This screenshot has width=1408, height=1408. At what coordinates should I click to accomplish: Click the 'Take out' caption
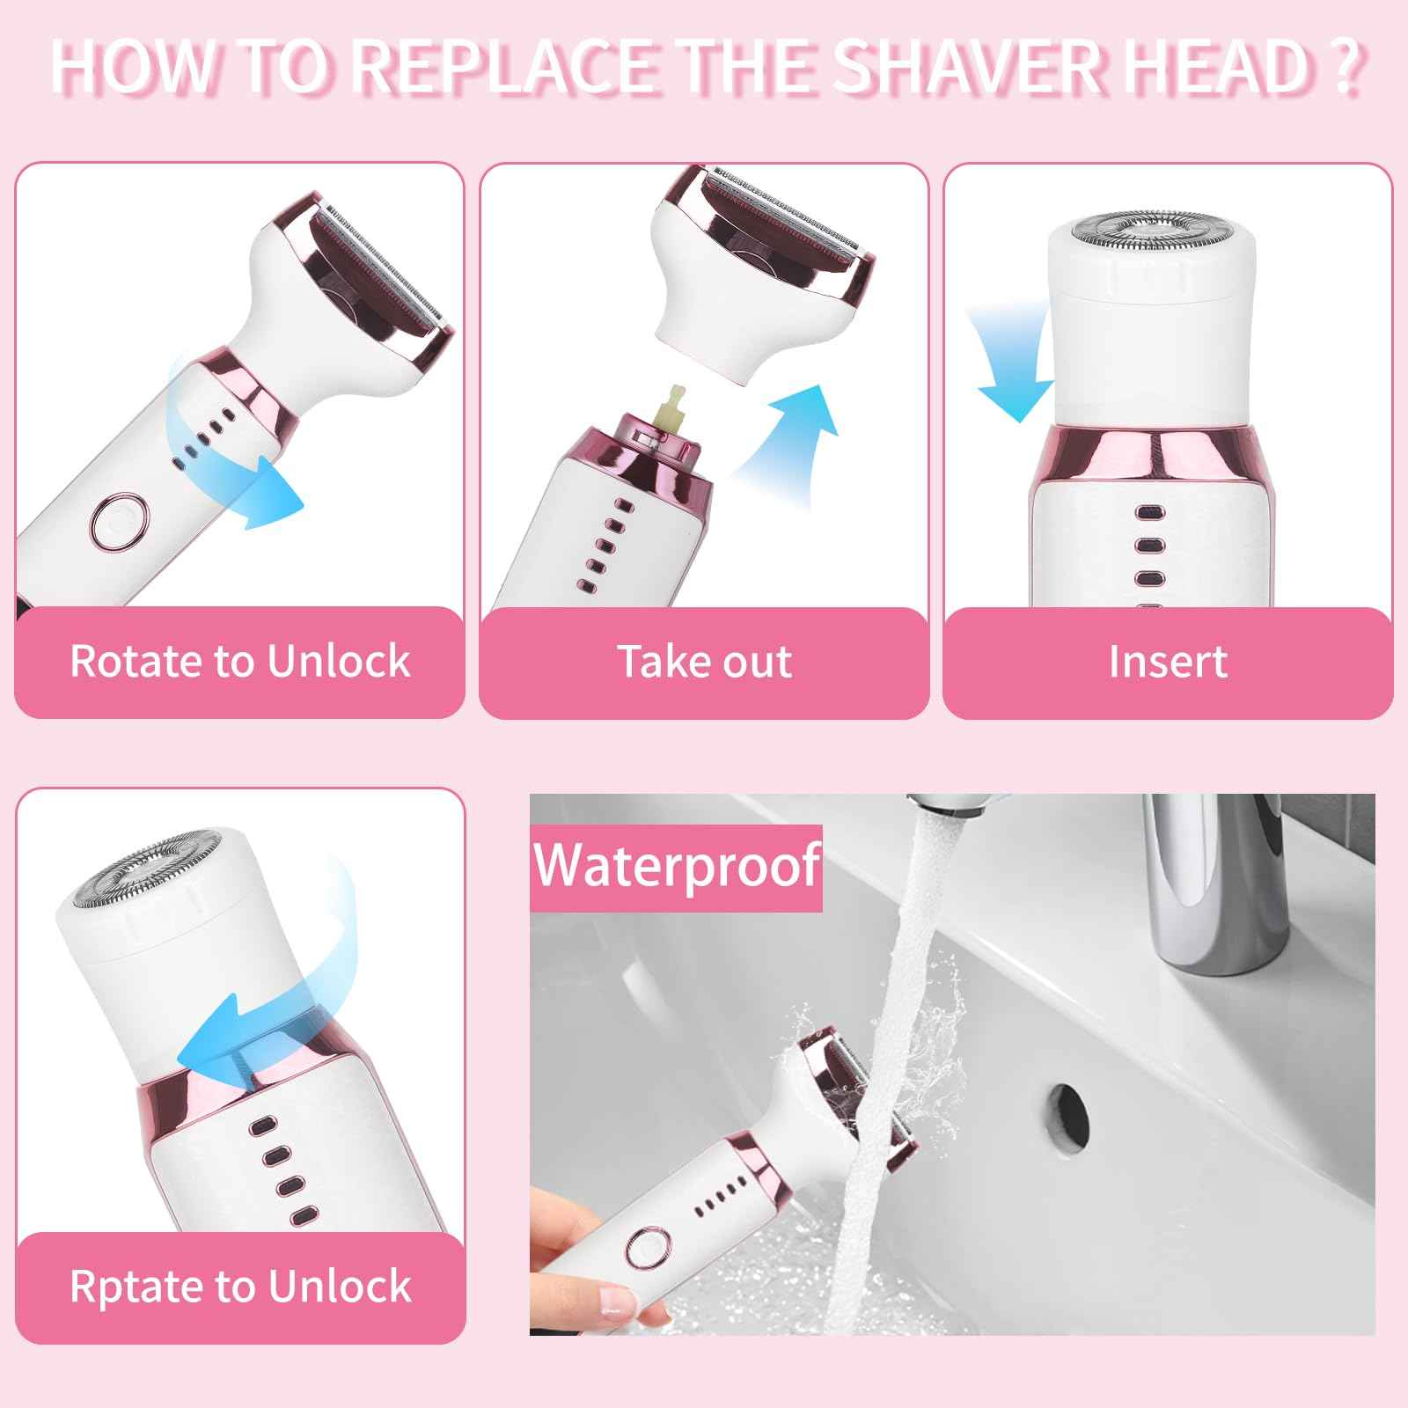click(x=704, y=661)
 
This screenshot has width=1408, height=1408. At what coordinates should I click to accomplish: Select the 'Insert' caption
click(x=1167, y=661)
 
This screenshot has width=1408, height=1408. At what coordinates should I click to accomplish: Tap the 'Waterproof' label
click(x=676, y=866)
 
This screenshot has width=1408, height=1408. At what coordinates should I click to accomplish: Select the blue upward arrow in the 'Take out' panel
click(x=792, y=440)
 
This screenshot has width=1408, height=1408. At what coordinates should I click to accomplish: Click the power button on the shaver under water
click(x=648, y=1248)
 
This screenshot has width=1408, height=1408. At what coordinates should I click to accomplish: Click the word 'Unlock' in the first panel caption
click(x=338, y=661)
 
